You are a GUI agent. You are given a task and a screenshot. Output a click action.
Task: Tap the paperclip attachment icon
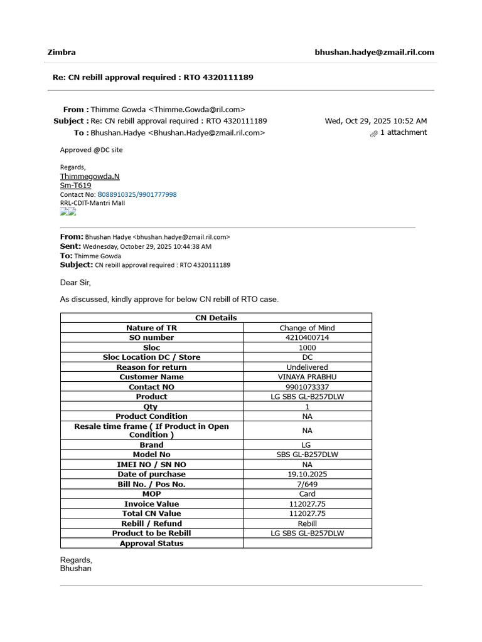374,133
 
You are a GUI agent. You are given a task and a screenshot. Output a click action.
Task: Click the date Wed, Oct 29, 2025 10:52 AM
375,120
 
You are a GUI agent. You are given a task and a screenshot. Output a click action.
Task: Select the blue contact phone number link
137,194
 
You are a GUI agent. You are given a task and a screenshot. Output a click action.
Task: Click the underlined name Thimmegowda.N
90,176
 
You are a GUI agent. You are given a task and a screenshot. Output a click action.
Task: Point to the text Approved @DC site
92,150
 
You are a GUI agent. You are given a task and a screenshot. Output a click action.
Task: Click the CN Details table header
216,318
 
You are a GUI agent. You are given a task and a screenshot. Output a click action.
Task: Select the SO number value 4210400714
307,337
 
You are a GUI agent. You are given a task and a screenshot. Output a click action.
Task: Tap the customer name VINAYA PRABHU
307,377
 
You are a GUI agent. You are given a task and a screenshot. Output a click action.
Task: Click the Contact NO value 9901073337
307,387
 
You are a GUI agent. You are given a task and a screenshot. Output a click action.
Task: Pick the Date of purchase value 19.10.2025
307,474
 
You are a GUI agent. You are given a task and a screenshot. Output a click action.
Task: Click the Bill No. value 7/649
307,484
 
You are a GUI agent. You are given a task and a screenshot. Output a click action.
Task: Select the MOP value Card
307,494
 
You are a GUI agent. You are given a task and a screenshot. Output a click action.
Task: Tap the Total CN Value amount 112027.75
307,513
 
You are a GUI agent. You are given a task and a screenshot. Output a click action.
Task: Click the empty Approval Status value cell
307,543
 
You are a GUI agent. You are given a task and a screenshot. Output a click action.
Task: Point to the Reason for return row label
151,367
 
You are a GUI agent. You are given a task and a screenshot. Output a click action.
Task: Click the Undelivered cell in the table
307,367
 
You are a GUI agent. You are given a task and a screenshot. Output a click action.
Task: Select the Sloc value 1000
307,347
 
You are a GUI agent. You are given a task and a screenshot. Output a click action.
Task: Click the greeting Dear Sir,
75,283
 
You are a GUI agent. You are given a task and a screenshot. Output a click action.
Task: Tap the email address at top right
374,52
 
